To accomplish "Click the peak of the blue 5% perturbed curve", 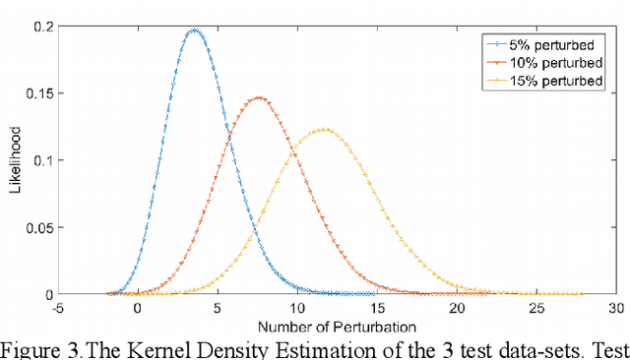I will (194, 30).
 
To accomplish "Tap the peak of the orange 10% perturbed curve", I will (259, 97).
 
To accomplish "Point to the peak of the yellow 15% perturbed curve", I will (325, 128).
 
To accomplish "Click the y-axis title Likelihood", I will (15, 161).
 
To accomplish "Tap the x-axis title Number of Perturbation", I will (337, 327).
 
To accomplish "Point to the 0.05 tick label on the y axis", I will (34, 227).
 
